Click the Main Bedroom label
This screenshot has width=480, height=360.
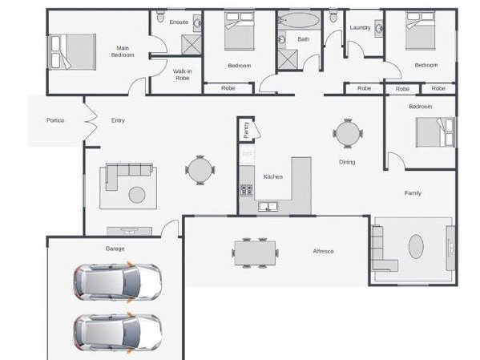click(123, 51)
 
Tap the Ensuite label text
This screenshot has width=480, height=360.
click(179, 22)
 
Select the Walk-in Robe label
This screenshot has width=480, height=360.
click(182, 75)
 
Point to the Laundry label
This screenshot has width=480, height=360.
click(361, 28)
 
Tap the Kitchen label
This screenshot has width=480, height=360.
click(273, 176)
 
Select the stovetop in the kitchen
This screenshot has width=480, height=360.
click(247, 190)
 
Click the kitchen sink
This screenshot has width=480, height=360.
click(268, 207)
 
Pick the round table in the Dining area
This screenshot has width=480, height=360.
click(348, 134)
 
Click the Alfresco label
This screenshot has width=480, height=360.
click(323, 251)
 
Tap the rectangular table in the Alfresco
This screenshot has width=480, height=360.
click(255, 253)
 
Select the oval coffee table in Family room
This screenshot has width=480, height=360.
click(416, 245)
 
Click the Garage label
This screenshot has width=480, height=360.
click(115, 249)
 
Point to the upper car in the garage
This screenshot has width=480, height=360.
click(118, 281)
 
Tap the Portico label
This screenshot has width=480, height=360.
click(55, 120)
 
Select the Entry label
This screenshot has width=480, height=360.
click(118, 120)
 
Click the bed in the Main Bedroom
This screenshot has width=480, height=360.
click(72, 51)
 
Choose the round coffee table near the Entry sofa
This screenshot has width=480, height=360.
click(137, 194)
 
